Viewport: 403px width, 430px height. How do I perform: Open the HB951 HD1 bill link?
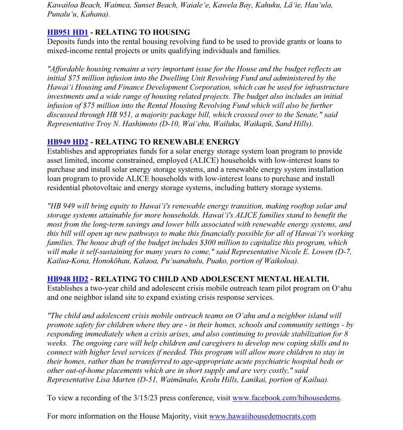pyautogui.click(x=67, y=32)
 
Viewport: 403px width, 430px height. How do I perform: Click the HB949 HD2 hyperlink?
pyautogui.click(x=67, y=142)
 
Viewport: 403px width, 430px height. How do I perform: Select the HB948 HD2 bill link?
pyautogui.click(x=67, y=279)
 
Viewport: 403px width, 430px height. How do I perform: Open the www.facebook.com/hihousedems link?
pyautogui.click(x=287, y=398)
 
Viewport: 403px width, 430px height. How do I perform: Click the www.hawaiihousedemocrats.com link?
pyautogui.click(x=262, y=416)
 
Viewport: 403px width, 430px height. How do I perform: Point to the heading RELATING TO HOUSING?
pyautogui.click(x=142, y=32)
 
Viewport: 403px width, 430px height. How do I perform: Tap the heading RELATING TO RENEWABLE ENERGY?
pyautogui.click(x=167, y=142)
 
